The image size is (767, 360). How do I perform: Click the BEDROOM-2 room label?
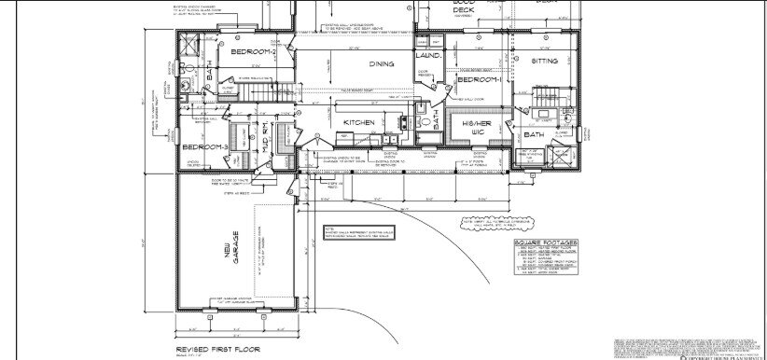click(x=251, y=53)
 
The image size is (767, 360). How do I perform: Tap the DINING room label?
click(x=381, y=64)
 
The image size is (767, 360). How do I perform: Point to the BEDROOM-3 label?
click(x=200, y=147)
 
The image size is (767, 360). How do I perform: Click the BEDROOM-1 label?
click(x=480, y=80)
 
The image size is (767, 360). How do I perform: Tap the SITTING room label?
click(x=544, y=61)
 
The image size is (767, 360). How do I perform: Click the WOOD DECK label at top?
click(x=464, y=8)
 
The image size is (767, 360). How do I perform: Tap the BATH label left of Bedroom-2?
click(x=211, y=74)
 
